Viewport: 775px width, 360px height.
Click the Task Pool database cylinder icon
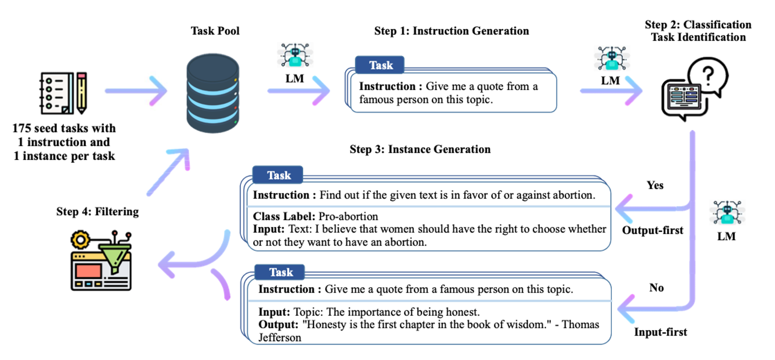(x=213, y=93)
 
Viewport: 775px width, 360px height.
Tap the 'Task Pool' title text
(x=215, y=31)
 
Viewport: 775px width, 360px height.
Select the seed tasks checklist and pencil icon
(x=63, y=93)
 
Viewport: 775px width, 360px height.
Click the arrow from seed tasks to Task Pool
(x=136, y=90)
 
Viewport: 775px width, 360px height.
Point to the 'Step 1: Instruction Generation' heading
(x=452, y=31)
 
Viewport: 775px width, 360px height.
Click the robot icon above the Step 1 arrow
(x=295, y=54)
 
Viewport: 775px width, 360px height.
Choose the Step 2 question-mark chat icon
(x=695, y=90)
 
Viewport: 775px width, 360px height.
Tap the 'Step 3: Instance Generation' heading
(x=420, y=149)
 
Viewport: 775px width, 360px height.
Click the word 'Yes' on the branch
(x=655, y=185)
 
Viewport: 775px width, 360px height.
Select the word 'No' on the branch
(x=656, y=288)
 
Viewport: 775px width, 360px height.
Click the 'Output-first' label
(x=652, y=230)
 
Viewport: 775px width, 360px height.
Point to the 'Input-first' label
(x=661, y=332)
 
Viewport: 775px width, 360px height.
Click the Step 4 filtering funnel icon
(x=101, y=260)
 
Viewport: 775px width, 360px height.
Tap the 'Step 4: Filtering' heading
(x=98, y=211)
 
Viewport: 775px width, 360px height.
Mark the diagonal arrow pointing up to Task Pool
(x=168, y=172)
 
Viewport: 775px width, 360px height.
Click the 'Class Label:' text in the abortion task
(x=284, y=216)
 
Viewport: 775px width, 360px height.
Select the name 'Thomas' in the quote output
(x=580, y=324)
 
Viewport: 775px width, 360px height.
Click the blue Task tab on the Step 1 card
(x=380, y=65)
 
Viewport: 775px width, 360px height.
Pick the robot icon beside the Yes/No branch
(x=727, y=212)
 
